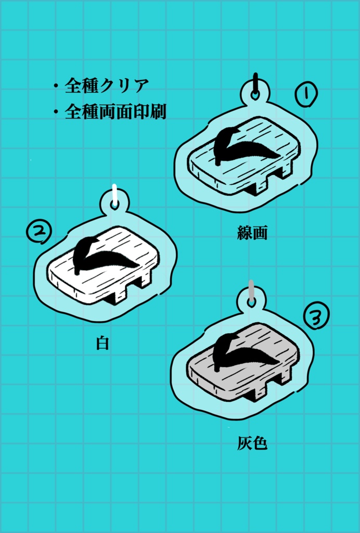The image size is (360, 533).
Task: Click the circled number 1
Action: [306, 95]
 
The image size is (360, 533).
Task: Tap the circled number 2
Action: [39, 232]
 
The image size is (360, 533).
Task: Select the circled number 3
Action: [316, 315]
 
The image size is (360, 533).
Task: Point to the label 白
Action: [102, 344]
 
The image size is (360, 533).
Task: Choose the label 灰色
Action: [252, 443]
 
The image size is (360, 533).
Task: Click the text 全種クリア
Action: [107, 85]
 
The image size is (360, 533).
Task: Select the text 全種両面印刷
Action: [115, 112]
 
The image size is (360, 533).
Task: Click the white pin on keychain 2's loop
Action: [114, 194]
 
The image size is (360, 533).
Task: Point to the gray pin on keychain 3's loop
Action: [251, 292]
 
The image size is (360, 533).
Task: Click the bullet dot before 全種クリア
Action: [55, 86]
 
